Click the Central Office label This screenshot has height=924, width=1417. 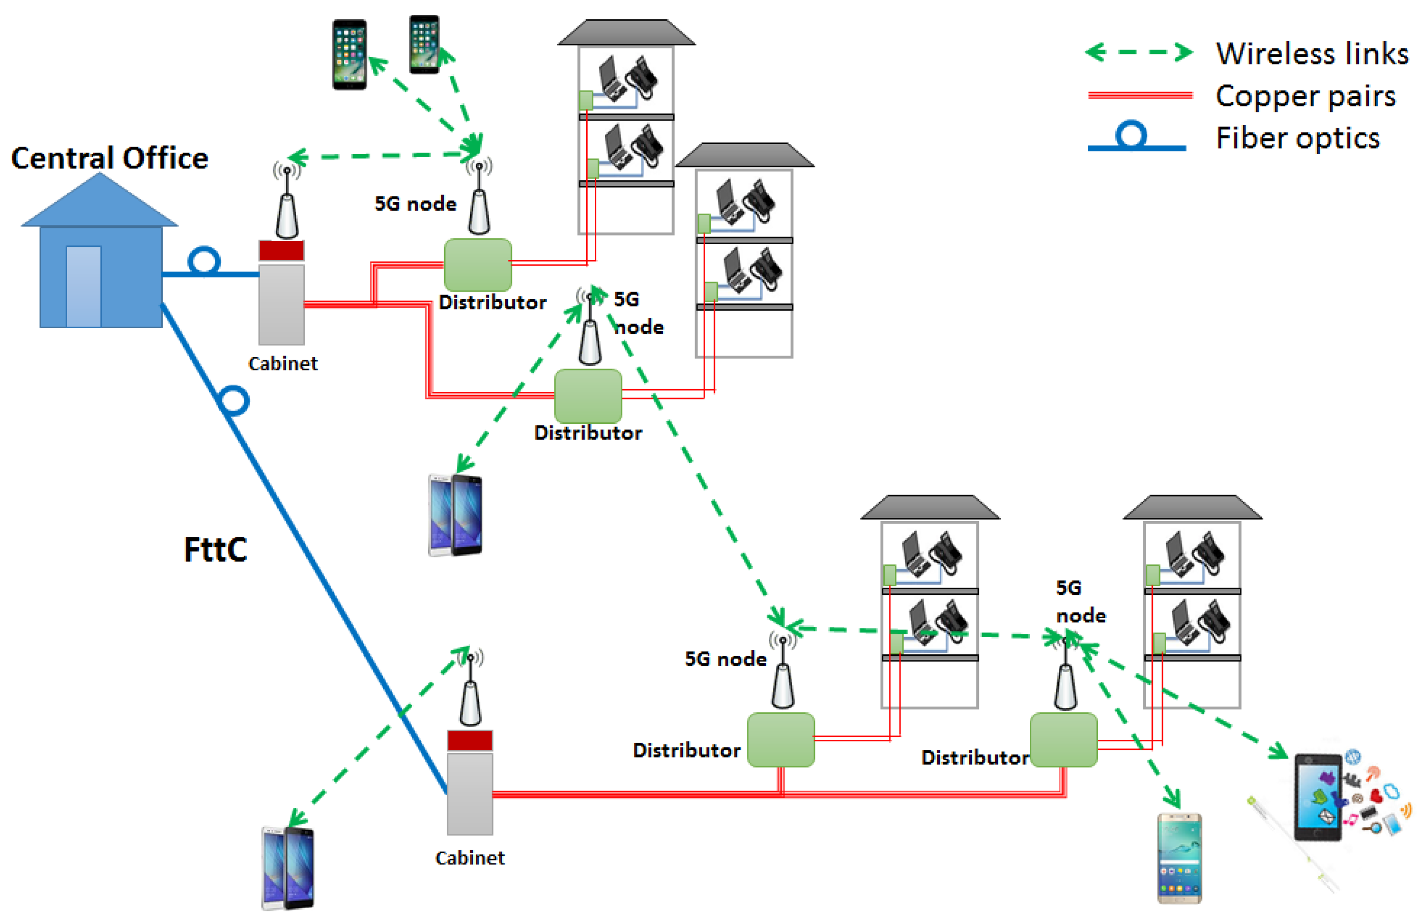(x=109, y=158)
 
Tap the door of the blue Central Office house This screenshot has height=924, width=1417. (x=83, y=286)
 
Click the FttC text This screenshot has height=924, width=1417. (x=215, y=549)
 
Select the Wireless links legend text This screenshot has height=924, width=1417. (x=1312, y=53)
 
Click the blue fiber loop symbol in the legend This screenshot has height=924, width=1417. (x=1131, y=134)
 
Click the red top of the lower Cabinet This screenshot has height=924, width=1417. (x=470, y=740)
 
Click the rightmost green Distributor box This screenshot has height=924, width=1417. (x=1064, y=739)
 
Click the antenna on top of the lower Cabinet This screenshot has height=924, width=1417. (x=470, y=687)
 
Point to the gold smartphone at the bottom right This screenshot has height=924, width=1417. (x=1179, y=858)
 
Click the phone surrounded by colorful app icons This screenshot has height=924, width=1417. (x=1318, y=797)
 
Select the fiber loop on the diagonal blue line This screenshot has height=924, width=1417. (x=234, y=400)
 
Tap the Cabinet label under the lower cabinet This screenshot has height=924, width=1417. (x=470, y=858)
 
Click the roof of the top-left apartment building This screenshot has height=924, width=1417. (x=626, y=32)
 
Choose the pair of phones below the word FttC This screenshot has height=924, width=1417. (x=288, y=868)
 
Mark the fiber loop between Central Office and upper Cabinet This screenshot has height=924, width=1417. (x=204, y=262)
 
